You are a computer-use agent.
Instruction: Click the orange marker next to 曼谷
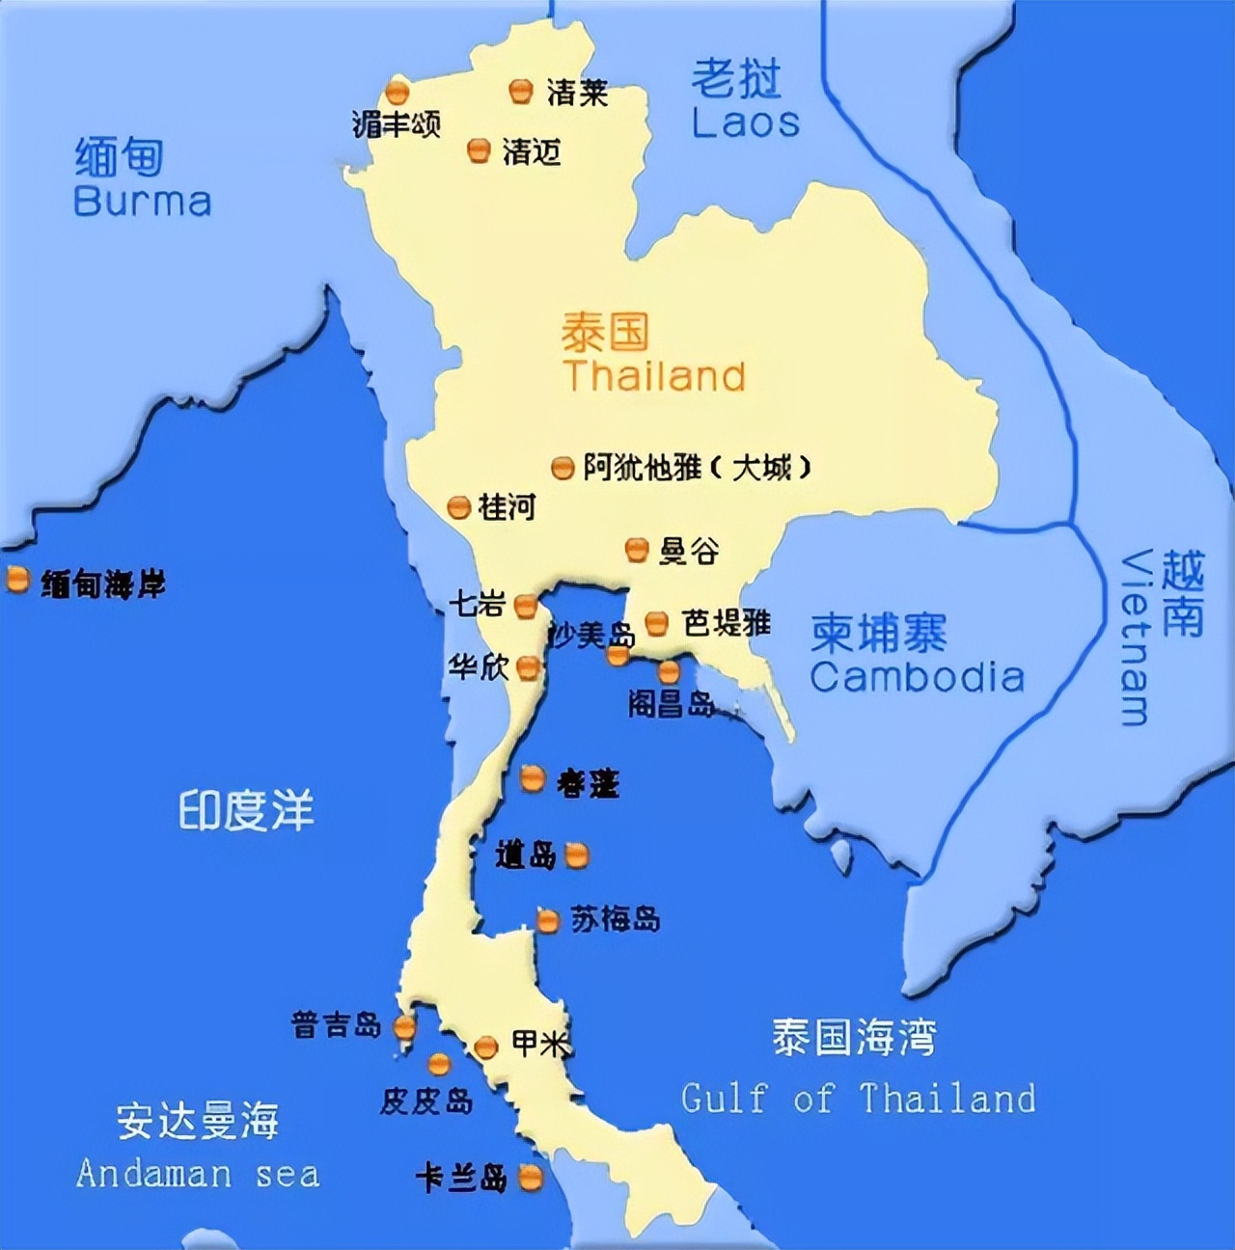[636, 550]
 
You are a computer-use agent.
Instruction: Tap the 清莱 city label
[577, 93]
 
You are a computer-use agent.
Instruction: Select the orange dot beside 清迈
[479, 150]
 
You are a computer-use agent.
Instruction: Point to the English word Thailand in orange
[655, 375]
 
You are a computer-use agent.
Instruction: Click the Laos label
[745, 122]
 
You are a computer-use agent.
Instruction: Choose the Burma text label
[142, 201]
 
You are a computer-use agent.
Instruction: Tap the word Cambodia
[917, 677]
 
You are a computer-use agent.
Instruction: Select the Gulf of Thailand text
[858, 1098]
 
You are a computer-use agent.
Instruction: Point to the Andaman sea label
[198, 1173]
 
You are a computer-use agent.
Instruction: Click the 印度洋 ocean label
[246, 810]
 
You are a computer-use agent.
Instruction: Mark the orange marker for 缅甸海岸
[17, 580]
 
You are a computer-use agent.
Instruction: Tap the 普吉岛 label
[336, 1024]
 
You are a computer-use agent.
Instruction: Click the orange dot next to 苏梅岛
[548, 921]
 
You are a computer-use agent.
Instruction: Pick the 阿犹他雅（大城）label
[697, 468]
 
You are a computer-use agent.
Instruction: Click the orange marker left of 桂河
[459, 507]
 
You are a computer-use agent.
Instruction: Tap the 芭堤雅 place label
[726, 623]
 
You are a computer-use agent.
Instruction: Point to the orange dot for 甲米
[485, 1046]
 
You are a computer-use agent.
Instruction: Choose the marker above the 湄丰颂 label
[397, 93]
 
